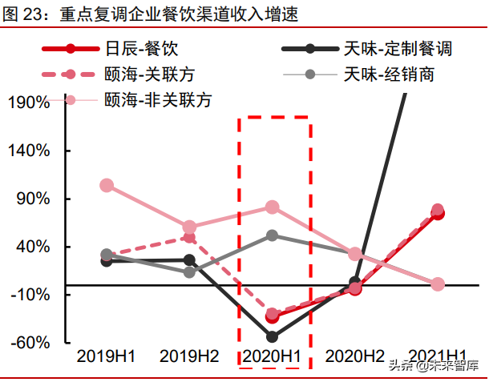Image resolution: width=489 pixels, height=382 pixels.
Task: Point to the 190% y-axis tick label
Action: (30, 102)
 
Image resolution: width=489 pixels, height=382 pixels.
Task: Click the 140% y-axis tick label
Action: (30, 151)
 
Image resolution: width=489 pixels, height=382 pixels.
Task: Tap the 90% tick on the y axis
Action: (34, 199)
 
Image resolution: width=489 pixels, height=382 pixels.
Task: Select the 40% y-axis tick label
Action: (34, 247)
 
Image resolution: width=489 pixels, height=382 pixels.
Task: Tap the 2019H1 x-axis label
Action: (106, 356)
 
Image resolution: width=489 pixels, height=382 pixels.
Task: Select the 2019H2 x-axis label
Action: (189, 356)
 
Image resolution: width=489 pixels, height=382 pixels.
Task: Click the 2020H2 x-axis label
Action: (355, 356)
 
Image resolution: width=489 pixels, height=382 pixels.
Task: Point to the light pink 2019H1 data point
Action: (107, 185)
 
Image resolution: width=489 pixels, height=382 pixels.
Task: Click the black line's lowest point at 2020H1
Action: (272, 337)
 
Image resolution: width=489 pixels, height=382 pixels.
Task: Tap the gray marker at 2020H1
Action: (272, 235)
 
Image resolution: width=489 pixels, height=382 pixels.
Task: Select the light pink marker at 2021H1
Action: (438, 284)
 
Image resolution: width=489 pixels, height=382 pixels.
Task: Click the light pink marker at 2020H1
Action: (272, 207)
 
